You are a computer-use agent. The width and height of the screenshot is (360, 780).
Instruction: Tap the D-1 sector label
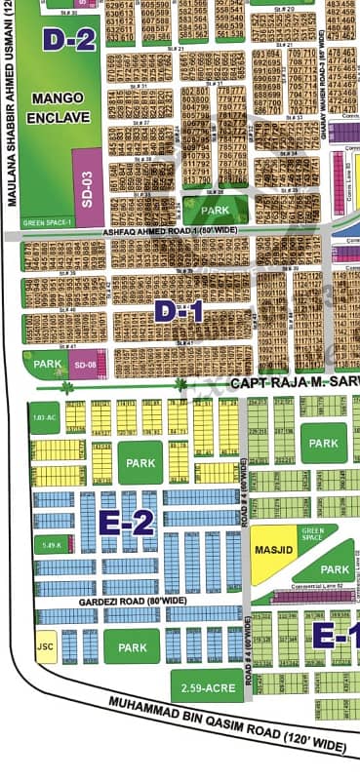tap(179, 312)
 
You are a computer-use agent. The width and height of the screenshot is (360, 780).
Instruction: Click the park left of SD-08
tap(46, 364)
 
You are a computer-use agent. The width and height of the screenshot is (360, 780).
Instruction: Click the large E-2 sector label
tap(127, 524)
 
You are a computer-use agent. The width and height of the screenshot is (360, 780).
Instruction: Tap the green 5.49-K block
tap(51, 546)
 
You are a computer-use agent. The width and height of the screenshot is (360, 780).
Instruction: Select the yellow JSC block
tap(45, 647)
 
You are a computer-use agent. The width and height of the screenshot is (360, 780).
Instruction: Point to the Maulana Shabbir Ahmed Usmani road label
tap(13, 107)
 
